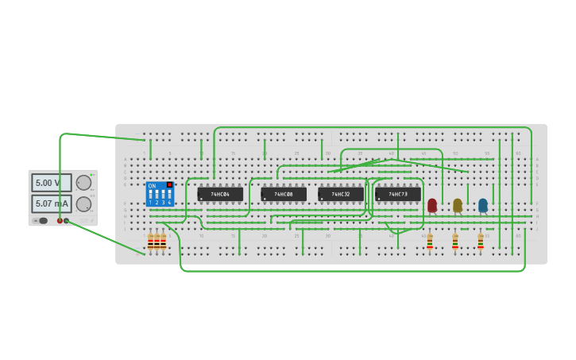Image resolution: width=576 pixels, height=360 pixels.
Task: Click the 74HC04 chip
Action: (220, 194)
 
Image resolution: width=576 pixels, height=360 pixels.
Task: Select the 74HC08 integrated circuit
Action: (284, 194)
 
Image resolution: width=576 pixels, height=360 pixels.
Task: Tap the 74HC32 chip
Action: (341, 194)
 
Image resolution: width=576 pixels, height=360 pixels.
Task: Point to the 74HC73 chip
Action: (398, 194)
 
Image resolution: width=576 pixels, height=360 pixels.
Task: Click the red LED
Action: (432, 205)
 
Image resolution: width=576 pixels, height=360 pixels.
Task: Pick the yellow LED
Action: (458, 205)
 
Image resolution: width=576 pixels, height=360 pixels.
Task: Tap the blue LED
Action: (483, 205)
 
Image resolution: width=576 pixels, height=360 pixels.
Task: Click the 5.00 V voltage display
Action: (51, 183)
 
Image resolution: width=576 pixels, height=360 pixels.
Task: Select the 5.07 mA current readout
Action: (51, 204)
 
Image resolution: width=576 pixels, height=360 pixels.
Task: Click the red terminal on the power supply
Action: (60, 221)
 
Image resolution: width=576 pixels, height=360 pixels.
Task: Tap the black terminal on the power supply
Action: (67, 221)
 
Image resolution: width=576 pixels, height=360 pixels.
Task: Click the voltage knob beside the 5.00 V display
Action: (83, 183)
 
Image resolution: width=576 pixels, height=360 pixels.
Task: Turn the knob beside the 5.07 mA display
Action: (83, 204)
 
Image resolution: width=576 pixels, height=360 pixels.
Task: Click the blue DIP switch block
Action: (160, 194)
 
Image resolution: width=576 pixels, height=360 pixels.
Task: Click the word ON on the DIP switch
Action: (152, 186)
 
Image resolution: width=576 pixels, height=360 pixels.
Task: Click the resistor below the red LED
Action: (430, 242)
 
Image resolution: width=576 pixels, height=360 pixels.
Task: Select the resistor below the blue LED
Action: (481, 242)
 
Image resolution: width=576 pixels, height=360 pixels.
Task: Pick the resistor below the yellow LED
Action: (455, 242)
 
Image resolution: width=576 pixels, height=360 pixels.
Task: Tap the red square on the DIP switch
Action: (169, 185)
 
